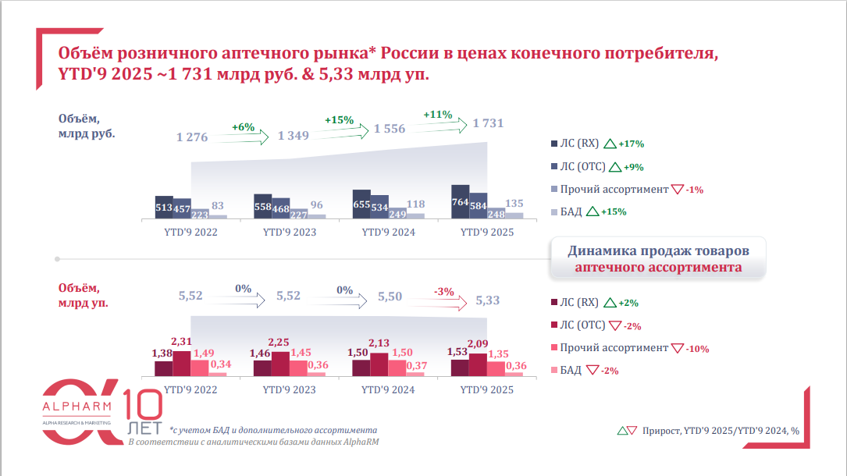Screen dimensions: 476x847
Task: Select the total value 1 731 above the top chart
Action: (488, 123)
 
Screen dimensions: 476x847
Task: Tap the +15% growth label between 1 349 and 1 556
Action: (340, 120)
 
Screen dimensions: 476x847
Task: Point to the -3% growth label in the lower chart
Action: (444, 291)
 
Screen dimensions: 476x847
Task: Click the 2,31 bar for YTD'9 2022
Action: (181, 364)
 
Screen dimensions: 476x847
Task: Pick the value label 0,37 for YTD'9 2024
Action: (416, 366)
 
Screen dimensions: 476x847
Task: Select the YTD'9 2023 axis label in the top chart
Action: (290, 233)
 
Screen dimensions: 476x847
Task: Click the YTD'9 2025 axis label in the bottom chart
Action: (487, 389)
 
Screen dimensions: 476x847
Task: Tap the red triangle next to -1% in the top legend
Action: (677, 190)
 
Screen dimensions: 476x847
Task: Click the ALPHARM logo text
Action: (77, 407)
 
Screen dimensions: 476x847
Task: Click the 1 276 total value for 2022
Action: (192, 137)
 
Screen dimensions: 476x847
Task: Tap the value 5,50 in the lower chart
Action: (390, 297)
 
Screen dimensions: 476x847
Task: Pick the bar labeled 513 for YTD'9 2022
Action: (164, 208)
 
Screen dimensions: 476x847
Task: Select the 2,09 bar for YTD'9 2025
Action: (478, 364)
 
